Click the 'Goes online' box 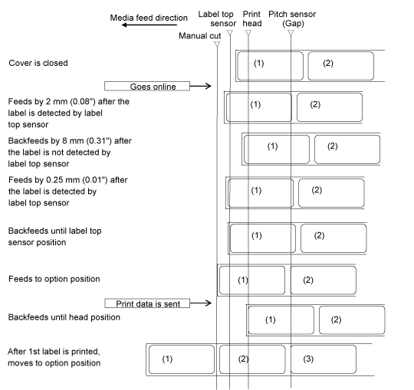pyautogui.click(x=147, y=87)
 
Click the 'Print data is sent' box pyautogui.click(x=147, y=303)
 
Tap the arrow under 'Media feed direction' pyautogui.click(x=149, y=25)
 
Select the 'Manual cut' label pyautogui.click(x=200, y=35)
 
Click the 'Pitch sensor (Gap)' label pyautogui.click(x=292, y=18)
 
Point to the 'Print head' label pyautogui.click(x=252, y=18)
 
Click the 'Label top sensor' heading pyautogui.click(x=217, y=18)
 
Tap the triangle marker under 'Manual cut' pyautogui.click(x=217, y=44)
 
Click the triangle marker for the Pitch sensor pyautogui.click(x=291, y=32)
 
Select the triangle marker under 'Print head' pyautogui.click(x=248, y=32)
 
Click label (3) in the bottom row pyautogui.click(x=324, y=359)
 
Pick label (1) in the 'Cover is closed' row pyautogui.click(x=271, y=66)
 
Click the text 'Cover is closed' pyautogui.click(x=38, y=63)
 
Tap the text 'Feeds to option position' pyautogui.click(x=54, y=279)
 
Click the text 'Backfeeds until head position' pyautogui.click(x=64, y=317)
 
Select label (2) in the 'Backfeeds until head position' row pyautogui.click(x=352, y=320)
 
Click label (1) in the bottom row pyautogui.click(x=182, y=359)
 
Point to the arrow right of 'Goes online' pyautogui.click(x=200, y=86)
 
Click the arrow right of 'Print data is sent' pyautogui.click(x=201, y=303)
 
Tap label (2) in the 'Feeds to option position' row pyautogui.click(x=324, y=280)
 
